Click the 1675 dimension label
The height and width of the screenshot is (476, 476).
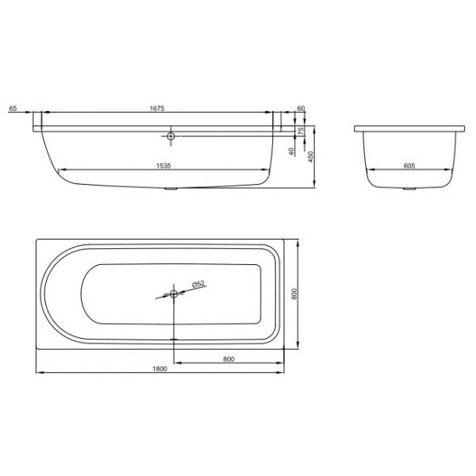[x=157, y=108]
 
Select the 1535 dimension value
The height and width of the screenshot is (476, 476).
[x=163, y=166]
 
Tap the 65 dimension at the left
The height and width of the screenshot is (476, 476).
[x=13, y=108]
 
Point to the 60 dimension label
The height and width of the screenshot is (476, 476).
[x=301, y=108]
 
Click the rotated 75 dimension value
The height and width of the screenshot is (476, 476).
[x=301, y=131]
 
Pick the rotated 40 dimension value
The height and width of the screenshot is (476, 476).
[x=291, y=152]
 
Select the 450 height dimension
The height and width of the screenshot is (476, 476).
[x=310, y=157]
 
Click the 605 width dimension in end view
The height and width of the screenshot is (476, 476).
[x=409, y=166]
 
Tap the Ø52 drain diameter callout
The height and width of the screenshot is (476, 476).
[x=198, y=284]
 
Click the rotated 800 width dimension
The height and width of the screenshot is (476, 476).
[x=294, y=294]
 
